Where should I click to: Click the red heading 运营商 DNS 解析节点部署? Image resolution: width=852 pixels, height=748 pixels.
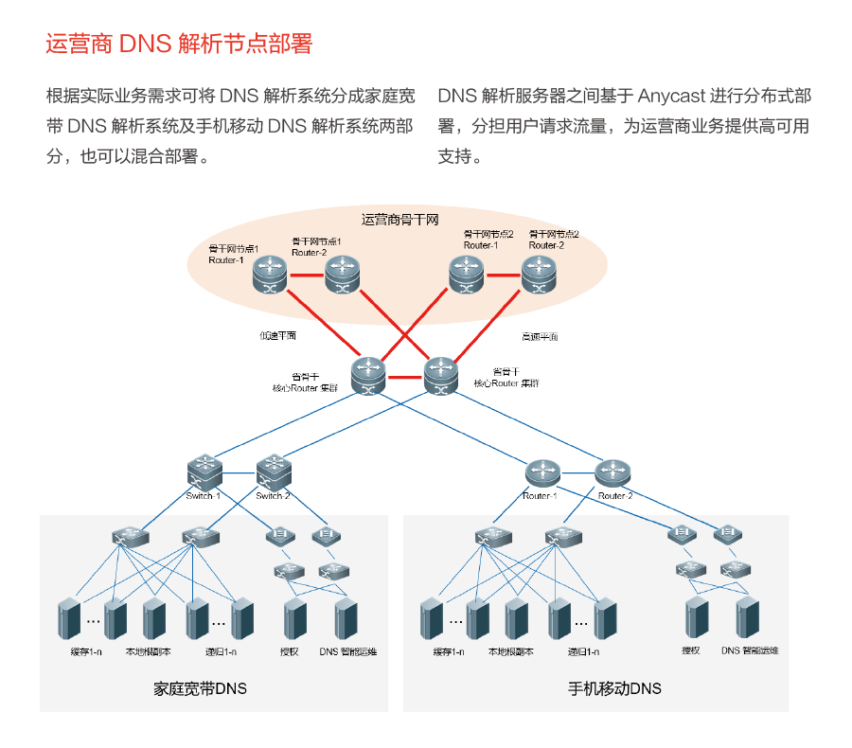[x=179, y=44]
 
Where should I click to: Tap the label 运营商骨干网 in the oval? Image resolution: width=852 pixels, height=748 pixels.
[x=400, y=220]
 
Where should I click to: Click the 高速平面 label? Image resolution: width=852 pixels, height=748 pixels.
[x=540, y=336]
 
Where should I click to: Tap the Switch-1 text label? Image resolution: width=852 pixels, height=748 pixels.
[x=204, y=496]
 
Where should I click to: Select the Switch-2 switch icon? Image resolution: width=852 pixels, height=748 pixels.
[x=274, y=470]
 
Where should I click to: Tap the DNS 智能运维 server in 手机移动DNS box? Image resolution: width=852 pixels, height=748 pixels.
[x=748, y=616]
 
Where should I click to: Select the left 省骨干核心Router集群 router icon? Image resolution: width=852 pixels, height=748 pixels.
[x=367, y=374]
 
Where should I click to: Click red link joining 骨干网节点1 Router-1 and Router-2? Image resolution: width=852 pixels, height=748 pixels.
[x=307, y=276]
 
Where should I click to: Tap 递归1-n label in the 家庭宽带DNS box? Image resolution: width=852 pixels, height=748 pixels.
[x=220, y=651]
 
